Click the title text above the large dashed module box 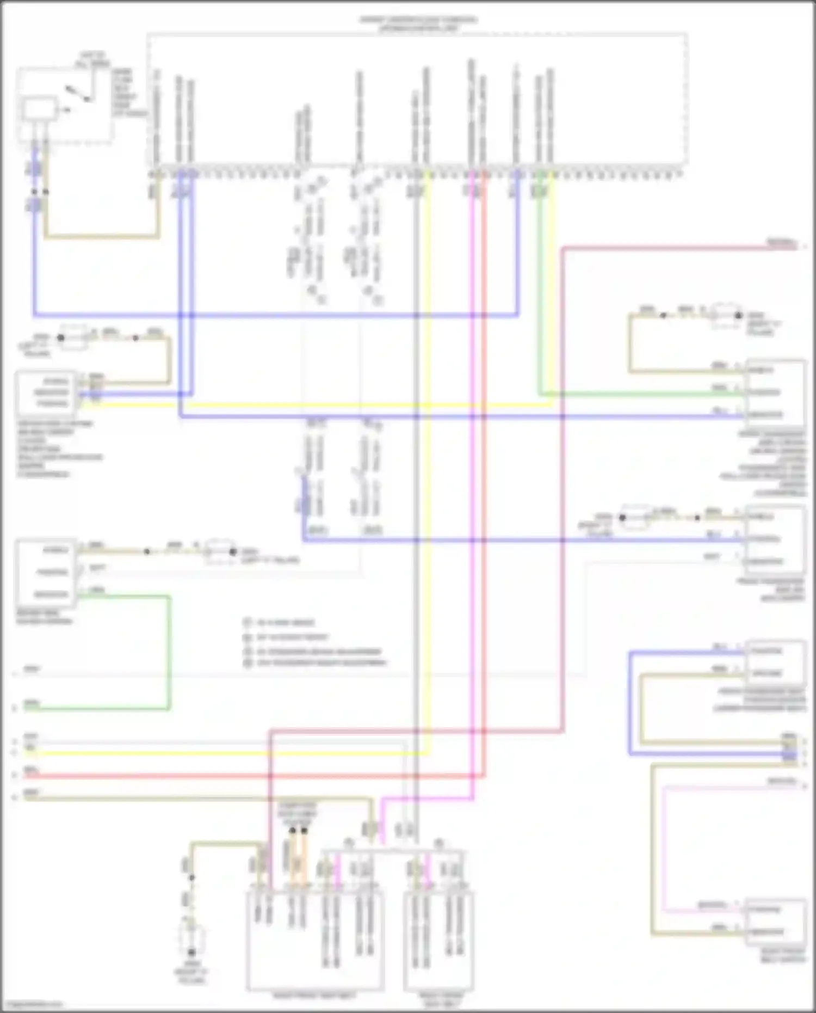(x=418, y=23)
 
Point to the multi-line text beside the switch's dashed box (x=128, y=93)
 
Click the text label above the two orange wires (x=298, y=813)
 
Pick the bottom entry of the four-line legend (x=316, y=663)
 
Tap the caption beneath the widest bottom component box (x=314, y=996)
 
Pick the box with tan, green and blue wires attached (x=775, y=392)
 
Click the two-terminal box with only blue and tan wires (x=775, y=662)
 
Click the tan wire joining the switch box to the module (x=103, y=237)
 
